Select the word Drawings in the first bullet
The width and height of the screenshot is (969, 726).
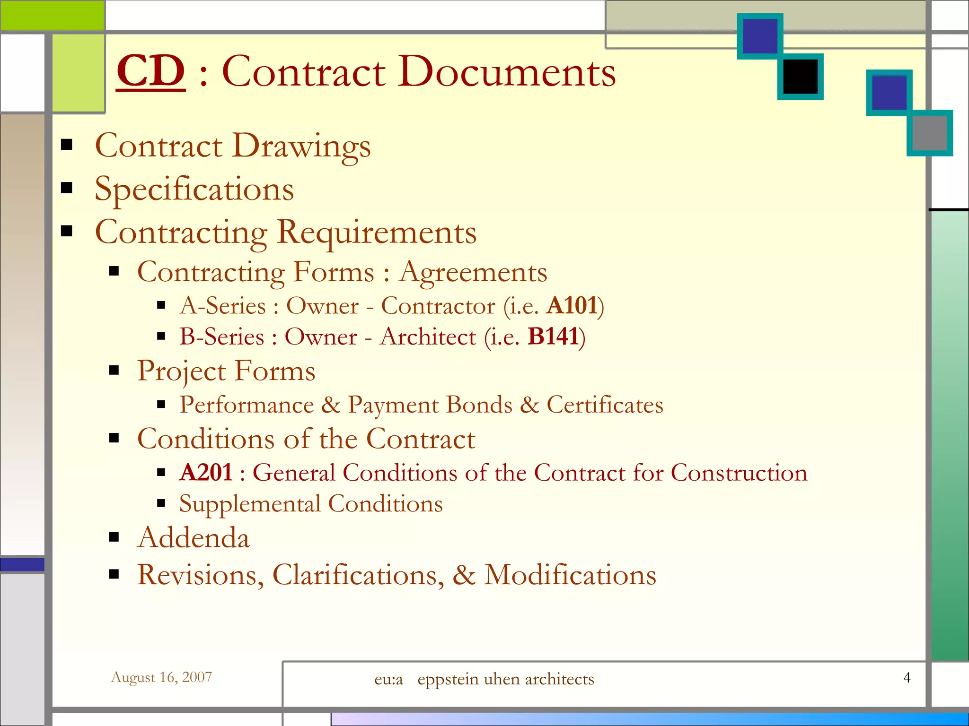pyautogui.click(x=301, y=146)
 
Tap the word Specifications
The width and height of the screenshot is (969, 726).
pyautogui.click(x=194, y=189)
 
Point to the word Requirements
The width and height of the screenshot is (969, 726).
pyautogui.click(x=376, y=233)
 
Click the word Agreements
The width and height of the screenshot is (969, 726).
pyautogui.click(x=473, y=273)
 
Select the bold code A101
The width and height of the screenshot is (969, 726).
pyautogui.click(x=572, y=306)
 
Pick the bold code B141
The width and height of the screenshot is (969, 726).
pyautogui.click(x=553, y=337)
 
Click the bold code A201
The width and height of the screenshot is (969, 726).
pyautogui.click(x=206, y=473)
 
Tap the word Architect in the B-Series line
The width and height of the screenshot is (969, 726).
pyautogui.click(x=428, y=337)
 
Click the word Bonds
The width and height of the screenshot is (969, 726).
pyautogui.click(x=479, y=405)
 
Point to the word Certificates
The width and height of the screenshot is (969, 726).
pyautogui.click(x=605, y=405)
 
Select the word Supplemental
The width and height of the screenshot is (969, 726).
pyautogui.click(x=250, y=504)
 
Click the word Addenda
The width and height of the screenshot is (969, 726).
pyautogui.click(x=193, y=538)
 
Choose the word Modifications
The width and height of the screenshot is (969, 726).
pyautogui.click(x=570, y=575)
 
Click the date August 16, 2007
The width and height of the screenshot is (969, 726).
pyautogui.click(x=161, y=677)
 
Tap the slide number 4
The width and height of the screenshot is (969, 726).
pyautogui.click(x=907, y=677)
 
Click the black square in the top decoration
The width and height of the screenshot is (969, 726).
pyautogui.click(x=800, y=77)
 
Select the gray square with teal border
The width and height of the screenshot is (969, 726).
pyautogui.click(x=929, y=133)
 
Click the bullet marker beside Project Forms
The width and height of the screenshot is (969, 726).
pyautogui.click(x=114, y=371)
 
